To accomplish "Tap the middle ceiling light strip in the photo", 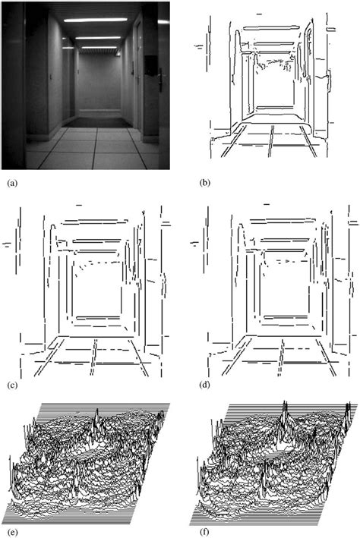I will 98,38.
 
